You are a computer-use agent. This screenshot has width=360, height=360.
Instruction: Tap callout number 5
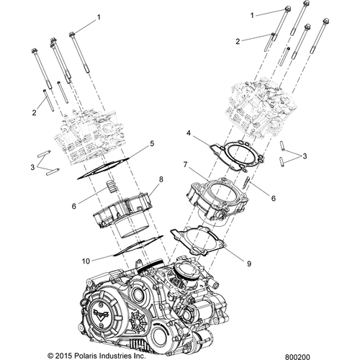point(152,143)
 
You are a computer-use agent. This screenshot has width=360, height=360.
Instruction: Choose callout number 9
point(249,264)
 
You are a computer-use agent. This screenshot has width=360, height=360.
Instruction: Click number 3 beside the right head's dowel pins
point(305,156)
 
